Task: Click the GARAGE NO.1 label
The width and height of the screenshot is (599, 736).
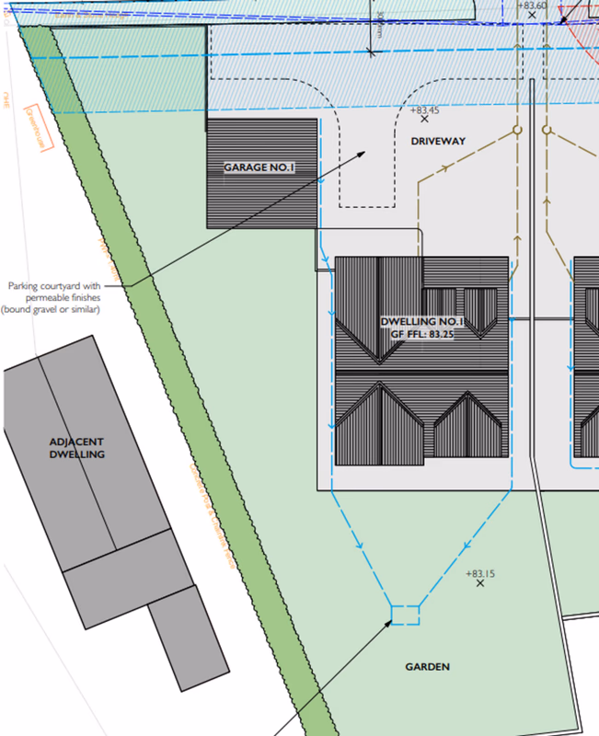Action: [259, 168]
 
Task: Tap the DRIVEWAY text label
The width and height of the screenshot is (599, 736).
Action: [439, 141]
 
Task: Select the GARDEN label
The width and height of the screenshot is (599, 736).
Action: [428, 666]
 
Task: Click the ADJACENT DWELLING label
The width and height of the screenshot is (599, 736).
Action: [77, 447]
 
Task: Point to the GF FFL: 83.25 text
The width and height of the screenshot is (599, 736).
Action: [423, 334]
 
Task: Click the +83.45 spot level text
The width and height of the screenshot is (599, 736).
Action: [424, 109]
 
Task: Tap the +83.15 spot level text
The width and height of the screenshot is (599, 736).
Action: [480, 574]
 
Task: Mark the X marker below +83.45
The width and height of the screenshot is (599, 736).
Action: [424, 120]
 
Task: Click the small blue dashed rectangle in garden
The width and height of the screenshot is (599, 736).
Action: [405, 615]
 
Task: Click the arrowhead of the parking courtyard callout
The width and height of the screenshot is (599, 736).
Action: [365, 153]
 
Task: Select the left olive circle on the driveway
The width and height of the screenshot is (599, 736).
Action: [517, 131]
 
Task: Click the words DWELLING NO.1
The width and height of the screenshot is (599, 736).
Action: [423, 322]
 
